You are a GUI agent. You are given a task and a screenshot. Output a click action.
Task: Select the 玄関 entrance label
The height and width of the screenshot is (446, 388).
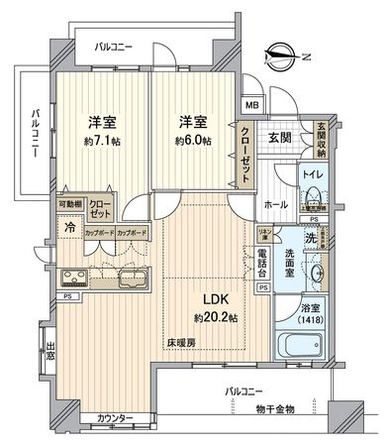[x=278, y=138]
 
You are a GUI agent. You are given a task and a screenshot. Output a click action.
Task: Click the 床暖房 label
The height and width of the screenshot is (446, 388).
[x=180, y=342]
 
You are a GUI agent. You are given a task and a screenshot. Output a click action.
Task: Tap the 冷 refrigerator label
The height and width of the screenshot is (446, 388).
[x=69, y=225]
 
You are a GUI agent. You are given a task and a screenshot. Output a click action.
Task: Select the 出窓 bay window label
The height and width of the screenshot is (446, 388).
[x=49, y=351]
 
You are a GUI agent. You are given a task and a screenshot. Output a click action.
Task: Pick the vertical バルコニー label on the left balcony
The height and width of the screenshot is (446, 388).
[x=34, y=136]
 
